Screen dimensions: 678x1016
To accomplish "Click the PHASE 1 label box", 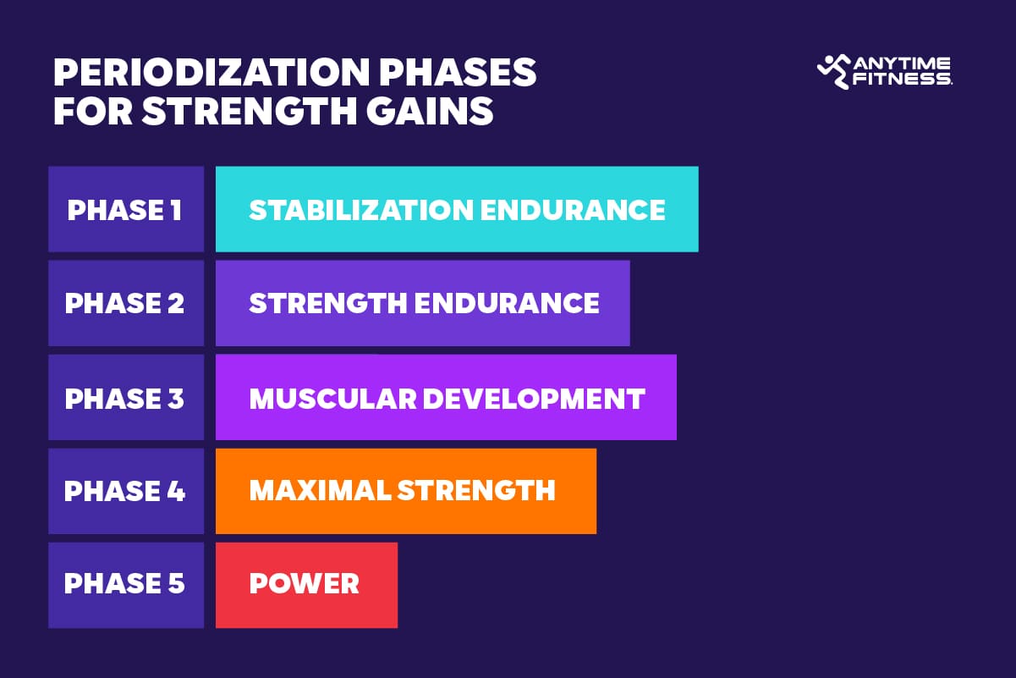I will pos(125,210).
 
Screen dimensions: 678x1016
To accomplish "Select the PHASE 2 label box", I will pos(125,303).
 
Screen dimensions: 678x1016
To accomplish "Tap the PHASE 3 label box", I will pos(125,398).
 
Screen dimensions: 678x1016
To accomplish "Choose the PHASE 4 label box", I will pos(125,491).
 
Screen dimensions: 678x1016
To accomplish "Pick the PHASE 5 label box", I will pos(125,584).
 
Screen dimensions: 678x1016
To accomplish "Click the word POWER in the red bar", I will pos(304,584).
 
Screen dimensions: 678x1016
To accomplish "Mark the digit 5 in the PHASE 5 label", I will pos(175,584).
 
